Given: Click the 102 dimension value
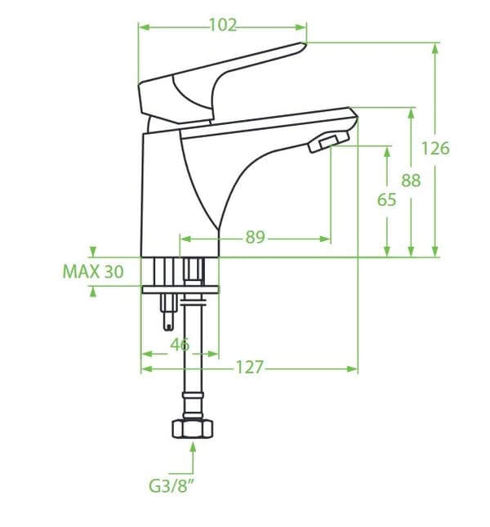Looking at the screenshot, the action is click(223, 25).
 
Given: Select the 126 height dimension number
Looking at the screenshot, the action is click(435, 148).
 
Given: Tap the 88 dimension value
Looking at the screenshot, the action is click(411, 181).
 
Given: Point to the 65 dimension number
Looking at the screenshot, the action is click(386, 199).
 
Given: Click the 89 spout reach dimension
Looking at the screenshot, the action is click(256, 237).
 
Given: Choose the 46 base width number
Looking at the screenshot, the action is click(180, 345).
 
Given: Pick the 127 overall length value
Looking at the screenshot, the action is click(250, 367).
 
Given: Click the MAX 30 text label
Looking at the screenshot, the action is click(93, 271).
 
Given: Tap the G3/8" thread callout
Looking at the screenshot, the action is click(171, 485).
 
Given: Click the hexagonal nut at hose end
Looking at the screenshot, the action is click(193, 429).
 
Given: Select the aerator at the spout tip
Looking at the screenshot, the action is click(328, 142).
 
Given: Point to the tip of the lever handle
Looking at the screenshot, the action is click(305, 44).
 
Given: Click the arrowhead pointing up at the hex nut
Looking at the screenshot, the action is click(193, 448).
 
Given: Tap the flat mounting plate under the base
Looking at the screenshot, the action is click(180, 290).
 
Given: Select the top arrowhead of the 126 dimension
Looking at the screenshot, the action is click(435, 49).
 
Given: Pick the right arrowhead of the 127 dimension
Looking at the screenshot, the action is click(352, 369).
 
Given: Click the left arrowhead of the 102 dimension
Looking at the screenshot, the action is click(144, 27).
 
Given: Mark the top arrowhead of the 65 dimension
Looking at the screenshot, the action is click(387, 152).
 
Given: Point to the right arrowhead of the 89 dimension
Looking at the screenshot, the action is click(325, 239).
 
